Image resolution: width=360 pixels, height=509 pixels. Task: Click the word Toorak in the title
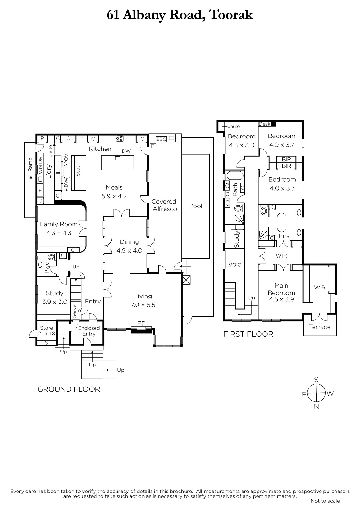click(231, 15)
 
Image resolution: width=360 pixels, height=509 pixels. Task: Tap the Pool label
click(196, 206)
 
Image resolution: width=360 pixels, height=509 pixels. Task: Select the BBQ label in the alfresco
click(161, 139)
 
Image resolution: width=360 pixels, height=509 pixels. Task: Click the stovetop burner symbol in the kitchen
click(120, 138)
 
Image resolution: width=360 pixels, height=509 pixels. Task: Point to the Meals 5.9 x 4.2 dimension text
click(114, 196)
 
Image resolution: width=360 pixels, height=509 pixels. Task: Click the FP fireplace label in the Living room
click(141, 323)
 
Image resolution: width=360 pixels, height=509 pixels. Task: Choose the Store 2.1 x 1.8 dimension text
click(46, 334)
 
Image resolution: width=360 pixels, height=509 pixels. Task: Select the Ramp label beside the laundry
click(30, 164)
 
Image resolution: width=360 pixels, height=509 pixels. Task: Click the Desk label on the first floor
click(265, 124)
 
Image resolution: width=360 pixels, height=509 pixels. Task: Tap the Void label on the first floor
click(235, 264)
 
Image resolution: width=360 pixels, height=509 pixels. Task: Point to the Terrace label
click(320, 327)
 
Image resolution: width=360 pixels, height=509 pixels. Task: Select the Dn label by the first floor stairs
click(251, 298)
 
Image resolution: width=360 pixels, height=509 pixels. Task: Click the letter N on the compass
click(317, 407)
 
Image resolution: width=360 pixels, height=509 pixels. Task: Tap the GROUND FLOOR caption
click(69, 389)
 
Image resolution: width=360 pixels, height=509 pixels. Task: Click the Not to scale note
click(325, 501)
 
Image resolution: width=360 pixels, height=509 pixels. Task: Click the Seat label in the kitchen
click(78, 171)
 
